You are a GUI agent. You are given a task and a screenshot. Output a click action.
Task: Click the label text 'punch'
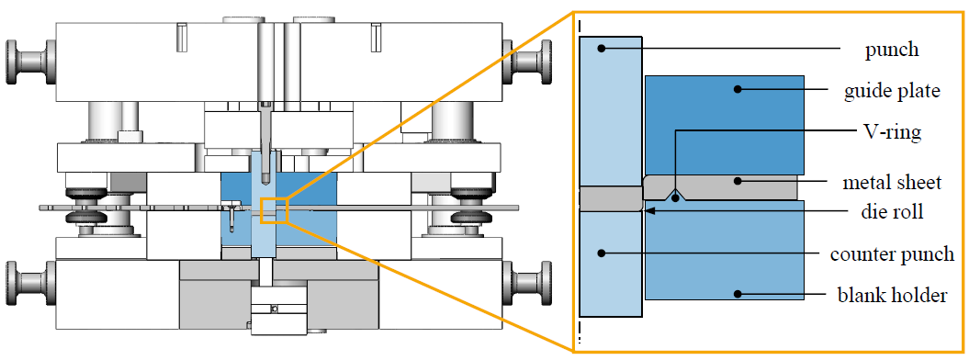(x=891, y=50)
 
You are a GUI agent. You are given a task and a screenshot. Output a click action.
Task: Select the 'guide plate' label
(x=892, y=92)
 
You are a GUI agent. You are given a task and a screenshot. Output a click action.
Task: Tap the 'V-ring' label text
(x=892, y=133)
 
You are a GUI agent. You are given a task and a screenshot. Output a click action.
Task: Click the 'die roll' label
(x=892, y=212)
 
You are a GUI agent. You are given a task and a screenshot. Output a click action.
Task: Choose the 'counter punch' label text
(x=892, y=253)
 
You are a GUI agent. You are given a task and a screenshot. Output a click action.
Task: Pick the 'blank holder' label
(x=892, y=295)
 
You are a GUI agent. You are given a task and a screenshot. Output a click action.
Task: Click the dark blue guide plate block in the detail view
(x=725, y=125)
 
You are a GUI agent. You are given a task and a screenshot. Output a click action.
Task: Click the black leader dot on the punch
(x=598, y=48)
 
